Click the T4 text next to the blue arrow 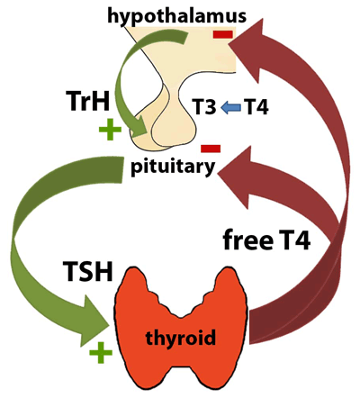(x=256, y=108)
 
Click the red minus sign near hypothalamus (x=222, y=34)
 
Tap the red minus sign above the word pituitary (x=211, y=147)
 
